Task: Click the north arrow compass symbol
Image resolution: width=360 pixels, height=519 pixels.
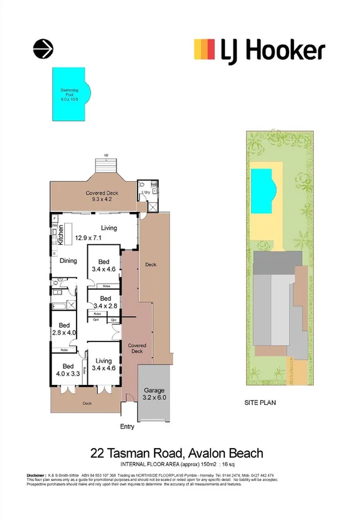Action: pos(43,48)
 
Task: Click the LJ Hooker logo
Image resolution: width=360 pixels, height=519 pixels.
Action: pos(259,50)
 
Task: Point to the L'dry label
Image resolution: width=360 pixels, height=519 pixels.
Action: pos(146,193)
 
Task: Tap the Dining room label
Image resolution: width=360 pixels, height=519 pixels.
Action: pos(68,261)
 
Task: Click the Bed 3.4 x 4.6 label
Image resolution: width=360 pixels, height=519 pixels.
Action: pos(104,265)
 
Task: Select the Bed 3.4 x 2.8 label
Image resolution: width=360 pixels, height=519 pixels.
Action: pos(105,302)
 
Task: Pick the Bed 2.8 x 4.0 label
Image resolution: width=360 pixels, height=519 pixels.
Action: pos(64,328)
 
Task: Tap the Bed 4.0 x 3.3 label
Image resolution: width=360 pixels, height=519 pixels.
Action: pos(68,370)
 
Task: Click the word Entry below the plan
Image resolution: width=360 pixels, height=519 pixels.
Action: pos(127,427)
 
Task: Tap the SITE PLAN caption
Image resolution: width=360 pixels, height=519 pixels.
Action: pos(260,403)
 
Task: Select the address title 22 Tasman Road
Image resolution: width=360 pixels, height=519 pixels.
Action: pos(177,453)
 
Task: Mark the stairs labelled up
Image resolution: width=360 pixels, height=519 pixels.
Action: pos(107,165)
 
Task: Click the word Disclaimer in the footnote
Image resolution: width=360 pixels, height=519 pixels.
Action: pos(38,475)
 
